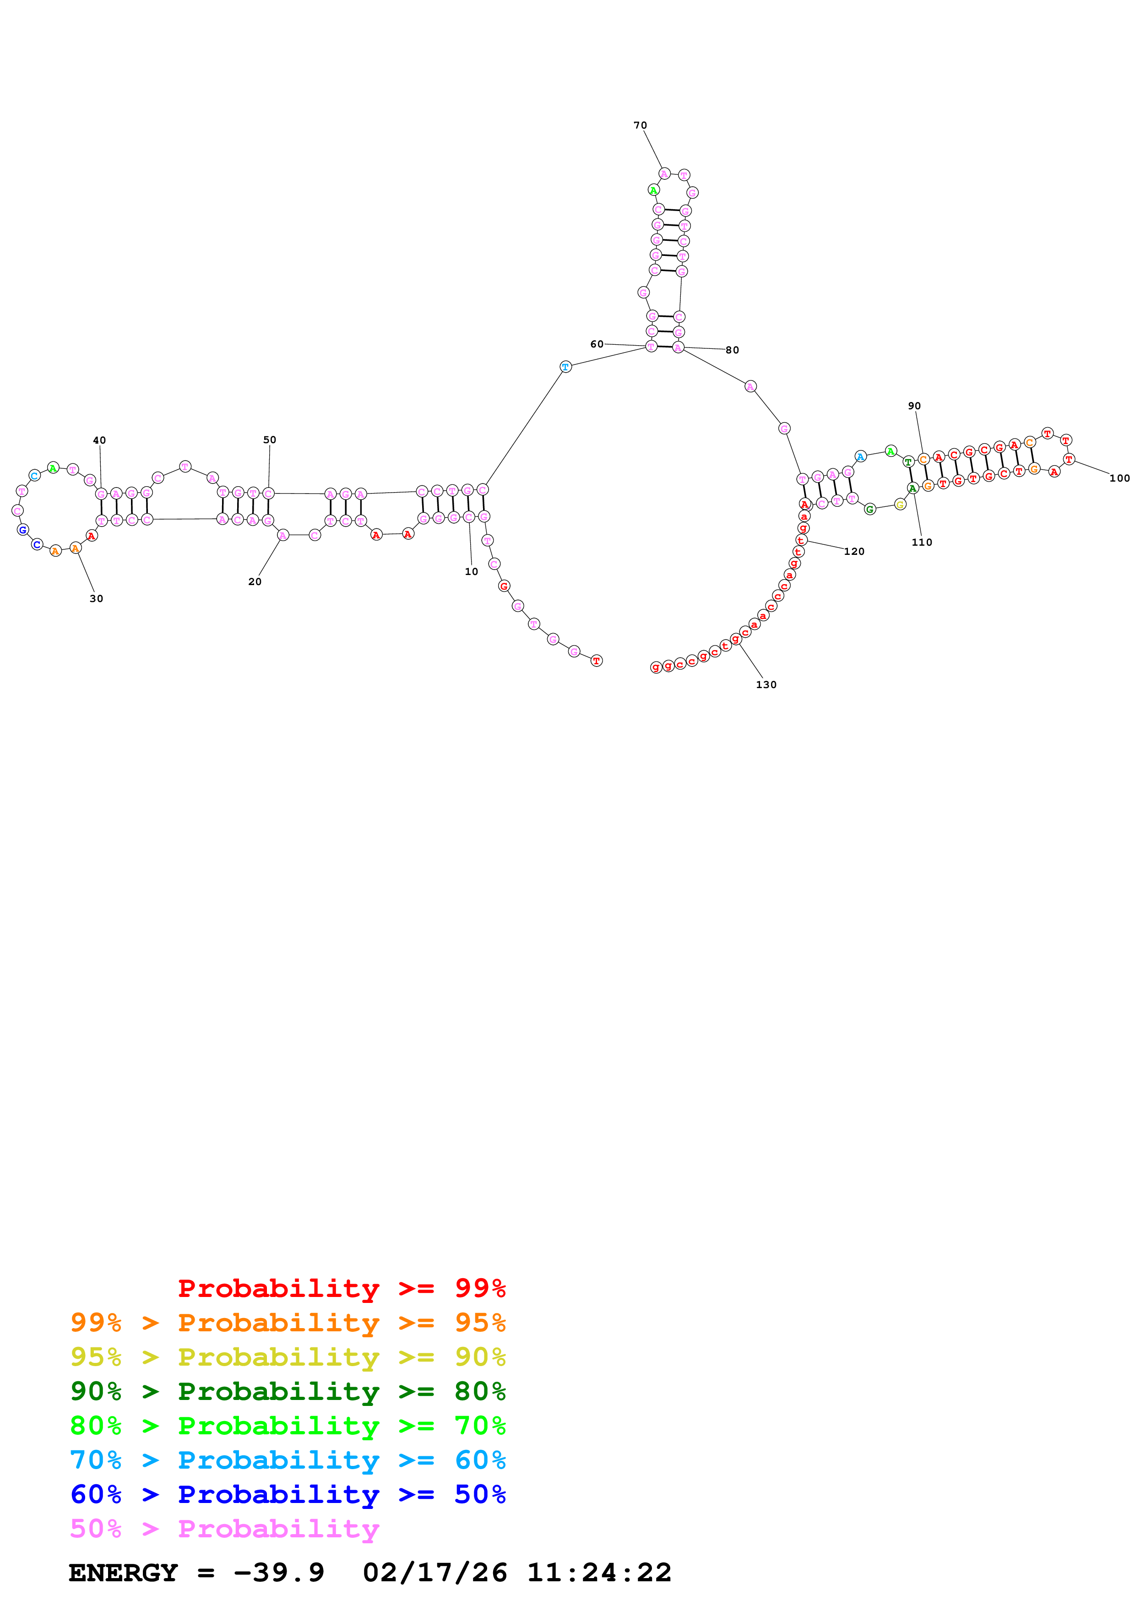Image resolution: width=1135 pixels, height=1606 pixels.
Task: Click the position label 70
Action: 640,125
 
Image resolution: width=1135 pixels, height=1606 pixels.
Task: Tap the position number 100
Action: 1119,478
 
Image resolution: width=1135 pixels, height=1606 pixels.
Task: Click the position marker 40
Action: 99,440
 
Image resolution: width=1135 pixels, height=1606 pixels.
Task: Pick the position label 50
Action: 269,439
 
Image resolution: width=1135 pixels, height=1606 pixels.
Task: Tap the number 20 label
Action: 255,581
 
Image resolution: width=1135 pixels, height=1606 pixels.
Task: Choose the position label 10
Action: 471,571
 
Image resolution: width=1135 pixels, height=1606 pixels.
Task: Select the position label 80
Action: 732,350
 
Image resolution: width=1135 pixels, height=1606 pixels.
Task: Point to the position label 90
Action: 914,406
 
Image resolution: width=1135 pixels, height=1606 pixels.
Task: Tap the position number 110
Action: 921,542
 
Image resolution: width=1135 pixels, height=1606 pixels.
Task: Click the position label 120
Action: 854,551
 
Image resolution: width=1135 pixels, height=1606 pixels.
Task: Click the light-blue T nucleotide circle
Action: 565,367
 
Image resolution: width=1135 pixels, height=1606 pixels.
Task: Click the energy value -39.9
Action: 279,1573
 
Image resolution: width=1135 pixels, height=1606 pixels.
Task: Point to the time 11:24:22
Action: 598,1573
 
